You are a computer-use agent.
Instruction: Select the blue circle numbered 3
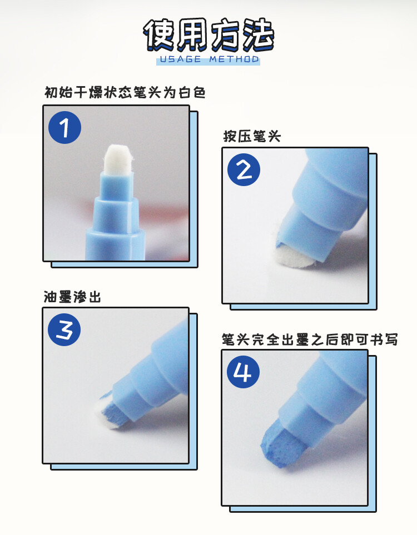point(64,330)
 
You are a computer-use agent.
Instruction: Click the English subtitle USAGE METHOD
point(209,59)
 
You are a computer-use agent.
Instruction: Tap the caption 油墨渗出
point(72,297)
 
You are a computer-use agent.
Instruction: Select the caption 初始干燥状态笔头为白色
point(125,92)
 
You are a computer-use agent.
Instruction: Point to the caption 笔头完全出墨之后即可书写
point(310,339)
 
